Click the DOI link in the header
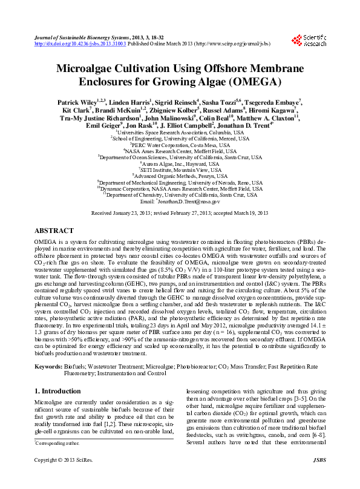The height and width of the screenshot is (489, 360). tap(76, 44)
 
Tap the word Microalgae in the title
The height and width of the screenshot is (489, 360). tap(86, 68)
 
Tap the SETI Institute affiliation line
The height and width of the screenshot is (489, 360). tap(180, 170)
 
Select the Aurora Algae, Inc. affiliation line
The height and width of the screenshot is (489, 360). tap(180, 163)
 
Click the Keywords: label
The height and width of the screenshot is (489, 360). tap(48, 366)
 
